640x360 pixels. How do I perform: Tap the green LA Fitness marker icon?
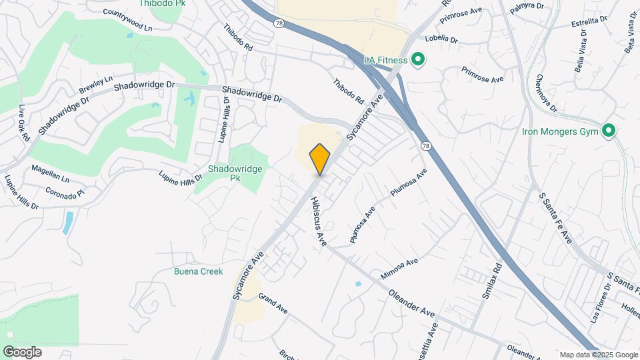pos(418,61)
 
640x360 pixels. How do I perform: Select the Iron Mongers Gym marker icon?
pos(608,131)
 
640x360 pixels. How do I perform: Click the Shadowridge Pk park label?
pos(235,173)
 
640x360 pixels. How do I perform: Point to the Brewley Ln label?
pos(95,85)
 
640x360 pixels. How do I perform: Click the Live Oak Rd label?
pos(24,123)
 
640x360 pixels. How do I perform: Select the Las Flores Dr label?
pos(599,304)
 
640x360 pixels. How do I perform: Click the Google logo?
pos(22,351)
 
